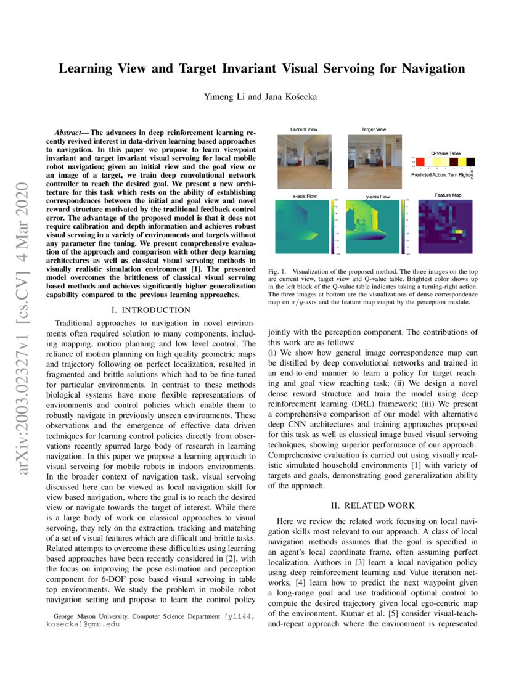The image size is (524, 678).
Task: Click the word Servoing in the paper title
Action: click(x=337, y=68)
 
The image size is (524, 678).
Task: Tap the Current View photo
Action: click(x=303, y=158)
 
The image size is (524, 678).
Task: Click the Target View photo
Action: click(x=374, y=158)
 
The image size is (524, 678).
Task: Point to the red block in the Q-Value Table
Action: click(x=420, y=161)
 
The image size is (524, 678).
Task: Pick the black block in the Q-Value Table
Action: click(x=470, y=161)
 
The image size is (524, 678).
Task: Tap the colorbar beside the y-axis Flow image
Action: click(x=403, y=226)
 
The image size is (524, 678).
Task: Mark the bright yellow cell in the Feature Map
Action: click(x=458, y=232)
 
